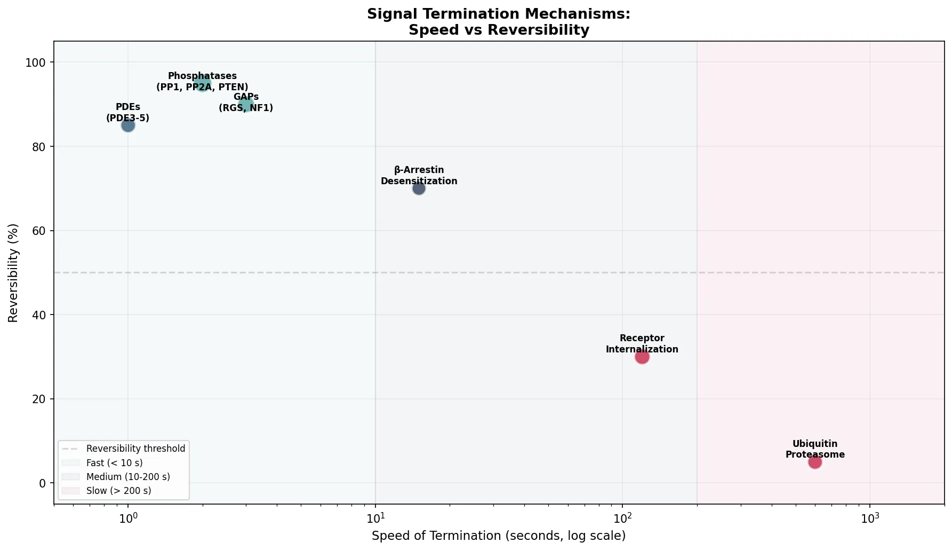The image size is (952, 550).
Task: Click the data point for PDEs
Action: click(x=128, y=125)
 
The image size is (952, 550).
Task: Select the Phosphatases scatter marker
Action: click(x=202, y=83)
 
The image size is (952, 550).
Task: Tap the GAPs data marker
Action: click(x=246, y=105)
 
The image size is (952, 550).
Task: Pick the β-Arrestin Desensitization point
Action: click(x=419, y=188)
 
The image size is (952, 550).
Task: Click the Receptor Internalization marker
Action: click(x=642, y=357)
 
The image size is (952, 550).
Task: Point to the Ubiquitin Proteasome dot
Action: click(x=815, y=462)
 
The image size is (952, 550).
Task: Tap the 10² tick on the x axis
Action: click(x=622, y=517)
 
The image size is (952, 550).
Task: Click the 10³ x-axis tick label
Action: click(x=870, y=517)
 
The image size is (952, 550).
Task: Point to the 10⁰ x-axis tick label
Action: click(x=128, y=517)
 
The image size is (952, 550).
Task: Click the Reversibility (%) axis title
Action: click(x=13, y=272)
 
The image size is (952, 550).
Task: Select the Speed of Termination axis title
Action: click(x=499, y=536)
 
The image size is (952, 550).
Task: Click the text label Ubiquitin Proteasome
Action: click(x=815, y=450)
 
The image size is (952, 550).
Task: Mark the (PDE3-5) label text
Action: click(x=128, y=118)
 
